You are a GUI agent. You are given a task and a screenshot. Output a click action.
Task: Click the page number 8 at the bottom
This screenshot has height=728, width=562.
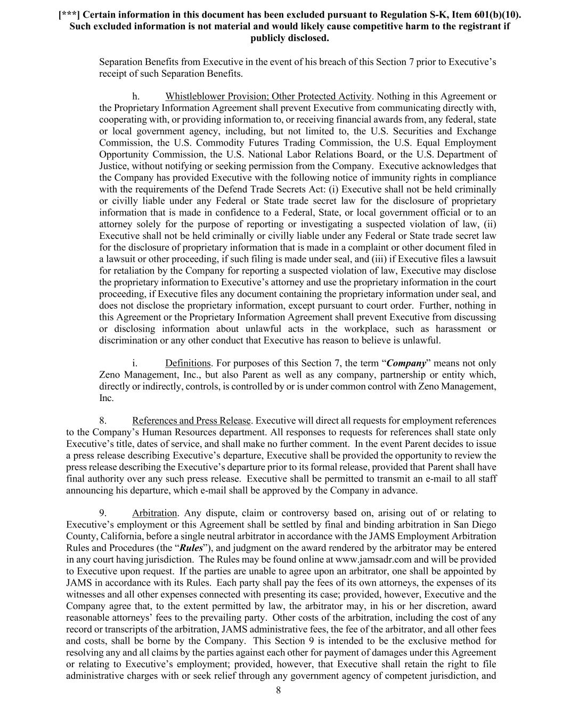[x=278, y=691]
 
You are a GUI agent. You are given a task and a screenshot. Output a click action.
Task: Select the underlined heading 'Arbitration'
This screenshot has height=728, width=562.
[x=154, y=513]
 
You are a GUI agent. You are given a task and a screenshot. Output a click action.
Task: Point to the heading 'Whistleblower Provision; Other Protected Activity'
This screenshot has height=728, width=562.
[x=268, y=97]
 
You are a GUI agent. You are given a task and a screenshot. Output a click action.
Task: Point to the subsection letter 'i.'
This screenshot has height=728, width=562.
[x=135, y=363]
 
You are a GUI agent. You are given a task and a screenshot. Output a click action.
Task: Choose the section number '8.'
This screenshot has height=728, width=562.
[x=103, y=421]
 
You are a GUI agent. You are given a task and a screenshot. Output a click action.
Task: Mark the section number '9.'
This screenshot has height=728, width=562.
[x=103, y=513]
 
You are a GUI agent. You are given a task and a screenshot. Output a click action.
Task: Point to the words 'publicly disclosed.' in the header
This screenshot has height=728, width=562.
[x=289, y=38]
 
